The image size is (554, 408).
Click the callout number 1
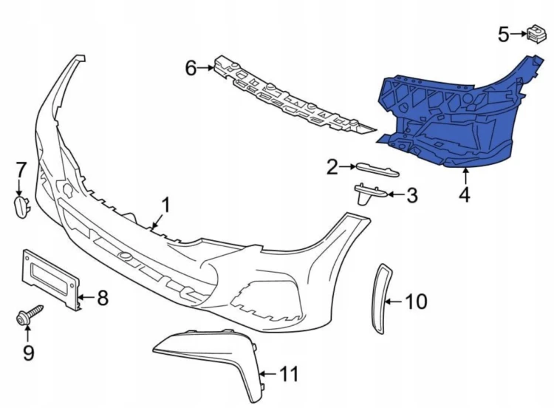[165, 205]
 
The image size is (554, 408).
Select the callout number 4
[465, 195]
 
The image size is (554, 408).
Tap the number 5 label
[504, 34]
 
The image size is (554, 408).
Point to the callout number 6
[191, 68]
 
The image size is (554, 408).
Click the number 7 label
[21, 170]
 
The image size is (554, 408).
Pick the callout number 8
[102, 297]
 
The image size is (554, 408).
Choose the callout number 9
[29, 353]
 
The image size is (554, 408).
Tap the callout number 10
[416, 302]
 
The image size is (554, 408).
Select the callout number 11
[289, 374]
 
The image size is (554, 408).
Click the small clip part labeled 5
[536, 34]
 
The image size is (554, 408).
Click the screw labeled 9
[30, 314]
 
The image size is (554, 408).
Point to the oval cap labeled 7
[21, 208]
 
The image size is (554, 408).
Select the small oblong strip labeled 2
[377, 169]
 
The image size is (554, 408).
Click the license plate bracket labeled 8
[52, 279]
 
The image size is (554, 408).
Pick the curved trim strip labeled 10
[379, 299]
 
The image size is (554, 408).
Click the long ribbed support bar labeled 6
[293, 97]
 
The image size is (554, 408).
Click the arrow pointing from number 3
[396, 194]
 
